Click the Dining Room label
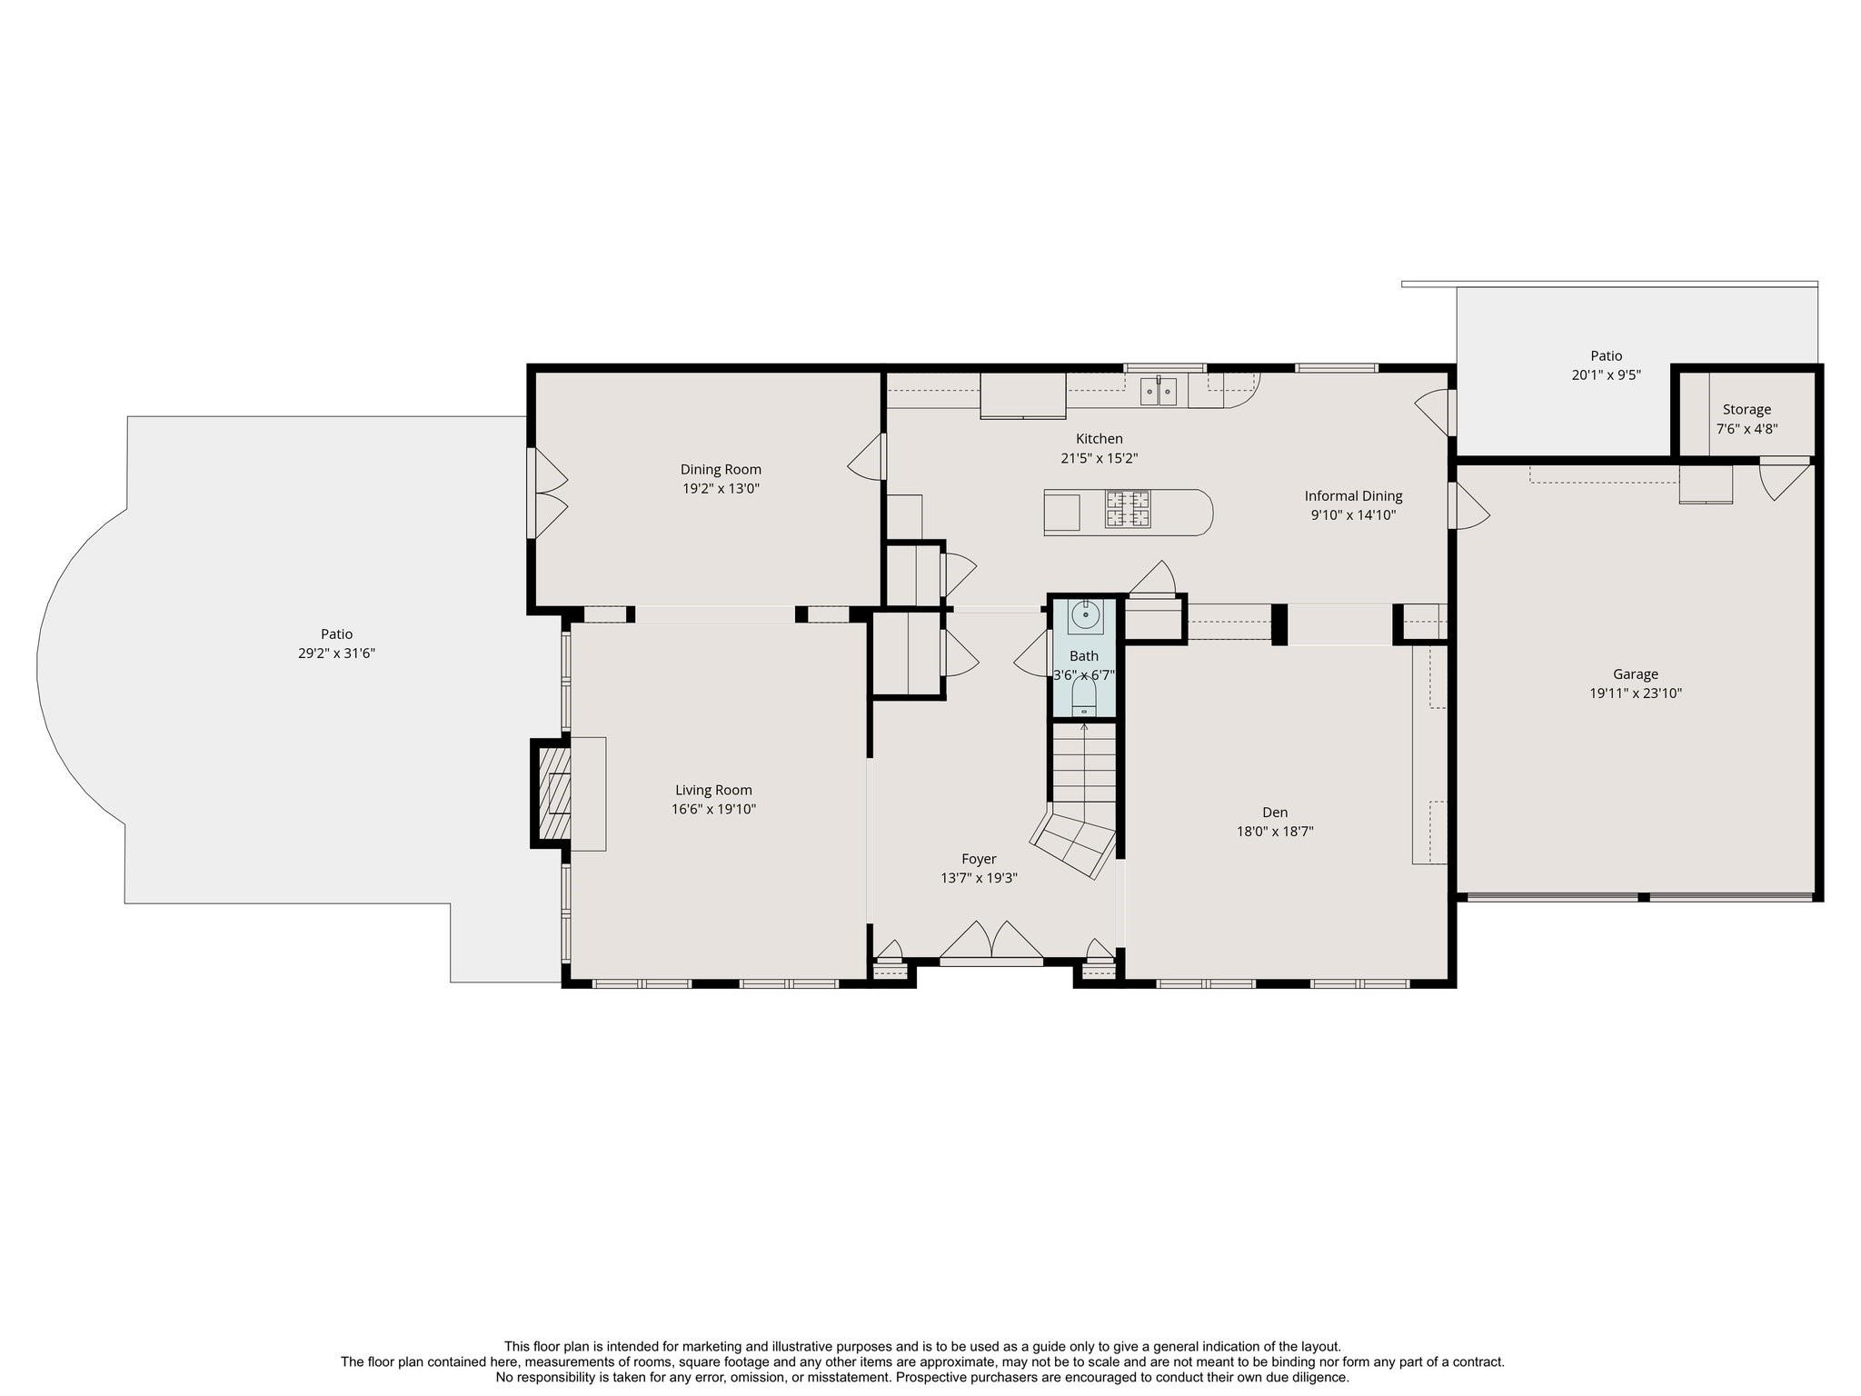(721, 469)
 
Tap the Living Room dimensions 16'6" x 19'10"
(713, 809)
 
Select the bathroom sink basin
(1085, 616)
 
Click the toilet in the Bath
(1084, 698)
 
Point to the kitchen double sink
(1159, 392)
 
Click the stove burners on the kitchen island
(1128, 509)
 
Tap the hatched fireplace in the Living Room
(554, 793)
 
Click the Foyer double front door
(991, 941)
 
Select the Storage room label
(1747, 410)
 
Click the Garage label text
(1636, 674)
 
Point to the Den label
(1275, 813)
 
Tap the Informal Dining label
(1353, 496)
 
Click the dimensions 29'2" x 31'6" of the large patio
(336, 653)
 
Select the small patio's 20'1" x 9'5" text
(1607, 374)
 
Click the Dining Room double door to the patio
(547, 494)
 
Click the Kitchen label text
(1100, 439)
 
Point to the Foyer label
(979, 859)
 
